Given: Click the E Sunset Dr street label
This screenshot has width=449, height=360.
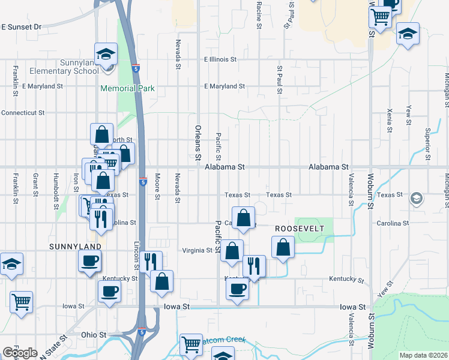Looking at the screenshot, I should [x=21, y=27].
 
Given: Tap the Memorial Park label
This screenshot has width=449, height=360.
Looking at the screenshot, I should [x=128, y=88].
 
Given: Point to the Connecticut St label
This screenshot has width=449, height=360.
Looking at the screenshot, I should [x=23, y=112].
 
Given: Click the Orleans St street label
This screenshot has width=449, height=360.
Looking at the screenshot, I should [x=197, y=143].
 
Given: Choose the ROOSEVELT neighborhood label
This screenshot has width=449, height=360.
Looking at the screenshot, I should [x=300, y=229].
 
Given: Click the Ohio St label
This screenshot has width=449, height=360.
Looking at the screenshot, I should [x=94, y=334].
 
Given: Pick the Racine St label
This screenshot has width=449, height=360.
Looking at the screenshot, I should [x=259, y=15].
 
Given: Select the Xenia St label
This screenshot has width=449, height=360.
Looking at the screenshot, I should [x=390, y=121].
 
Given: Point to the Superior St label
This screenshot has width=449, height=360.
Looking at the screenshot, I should [x=428, y=145].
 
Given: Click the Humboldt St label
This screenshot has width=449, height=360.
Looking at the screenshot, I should [x=55, y=184].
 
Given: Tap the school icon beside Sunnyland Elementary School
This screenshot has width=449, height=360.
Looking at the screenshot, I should [x=106, y=55].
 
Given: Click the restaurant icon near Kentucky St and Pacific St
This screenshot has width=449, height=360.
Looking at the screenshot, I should [x=254, y=266].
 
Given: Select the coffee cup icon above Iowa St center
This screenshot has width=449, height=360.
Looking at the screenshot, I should [x=237, y=289].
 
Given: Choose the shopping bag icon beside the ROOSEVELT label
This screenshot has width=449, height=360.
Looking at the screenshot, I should [x=283, y=247].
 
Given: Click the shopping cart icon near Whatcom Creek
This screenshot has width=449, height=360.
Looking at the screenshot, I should [x=191, y=344].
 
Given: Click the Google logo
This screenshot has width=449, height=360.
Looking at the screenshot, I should [x=20, y=353].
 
